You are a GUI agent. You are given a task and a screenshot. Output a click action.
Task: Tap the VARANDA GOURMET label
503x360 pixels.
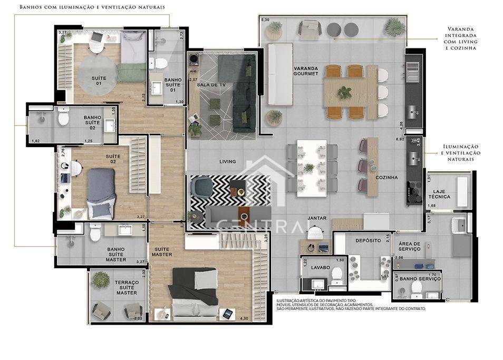pos(306,71)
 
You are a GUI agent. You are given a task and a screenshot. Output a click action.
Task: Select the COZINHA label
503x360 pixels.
pos(386,178)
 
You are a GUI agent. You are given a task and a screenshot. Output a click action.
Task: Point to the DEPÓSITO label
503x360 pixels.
pos(368,240)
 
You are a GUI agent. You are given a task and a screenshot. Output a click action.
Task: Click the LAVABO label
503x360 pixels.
pos(320,267)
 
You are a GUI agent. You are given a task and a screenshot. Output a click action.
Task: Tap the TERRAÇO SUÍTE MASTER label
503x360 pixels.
pos(127,287)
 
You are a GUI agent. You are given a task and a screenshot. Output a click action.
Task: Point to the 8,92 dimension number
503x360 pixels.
pos(400,139)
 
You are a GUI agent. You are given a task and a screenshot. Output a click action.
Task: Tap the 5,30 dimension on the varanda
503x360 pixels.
pos(265,20)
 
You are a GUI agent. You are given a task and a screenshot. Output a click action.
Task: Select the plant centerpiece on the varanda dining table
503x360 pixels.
pos(344,92)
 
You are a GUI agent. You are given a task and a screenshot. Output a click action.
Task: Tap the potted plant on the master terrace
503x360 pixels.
pos(100,280)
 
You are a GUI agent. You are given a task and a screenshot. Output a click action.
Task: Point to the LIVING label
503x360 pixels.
pos(227,162)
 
